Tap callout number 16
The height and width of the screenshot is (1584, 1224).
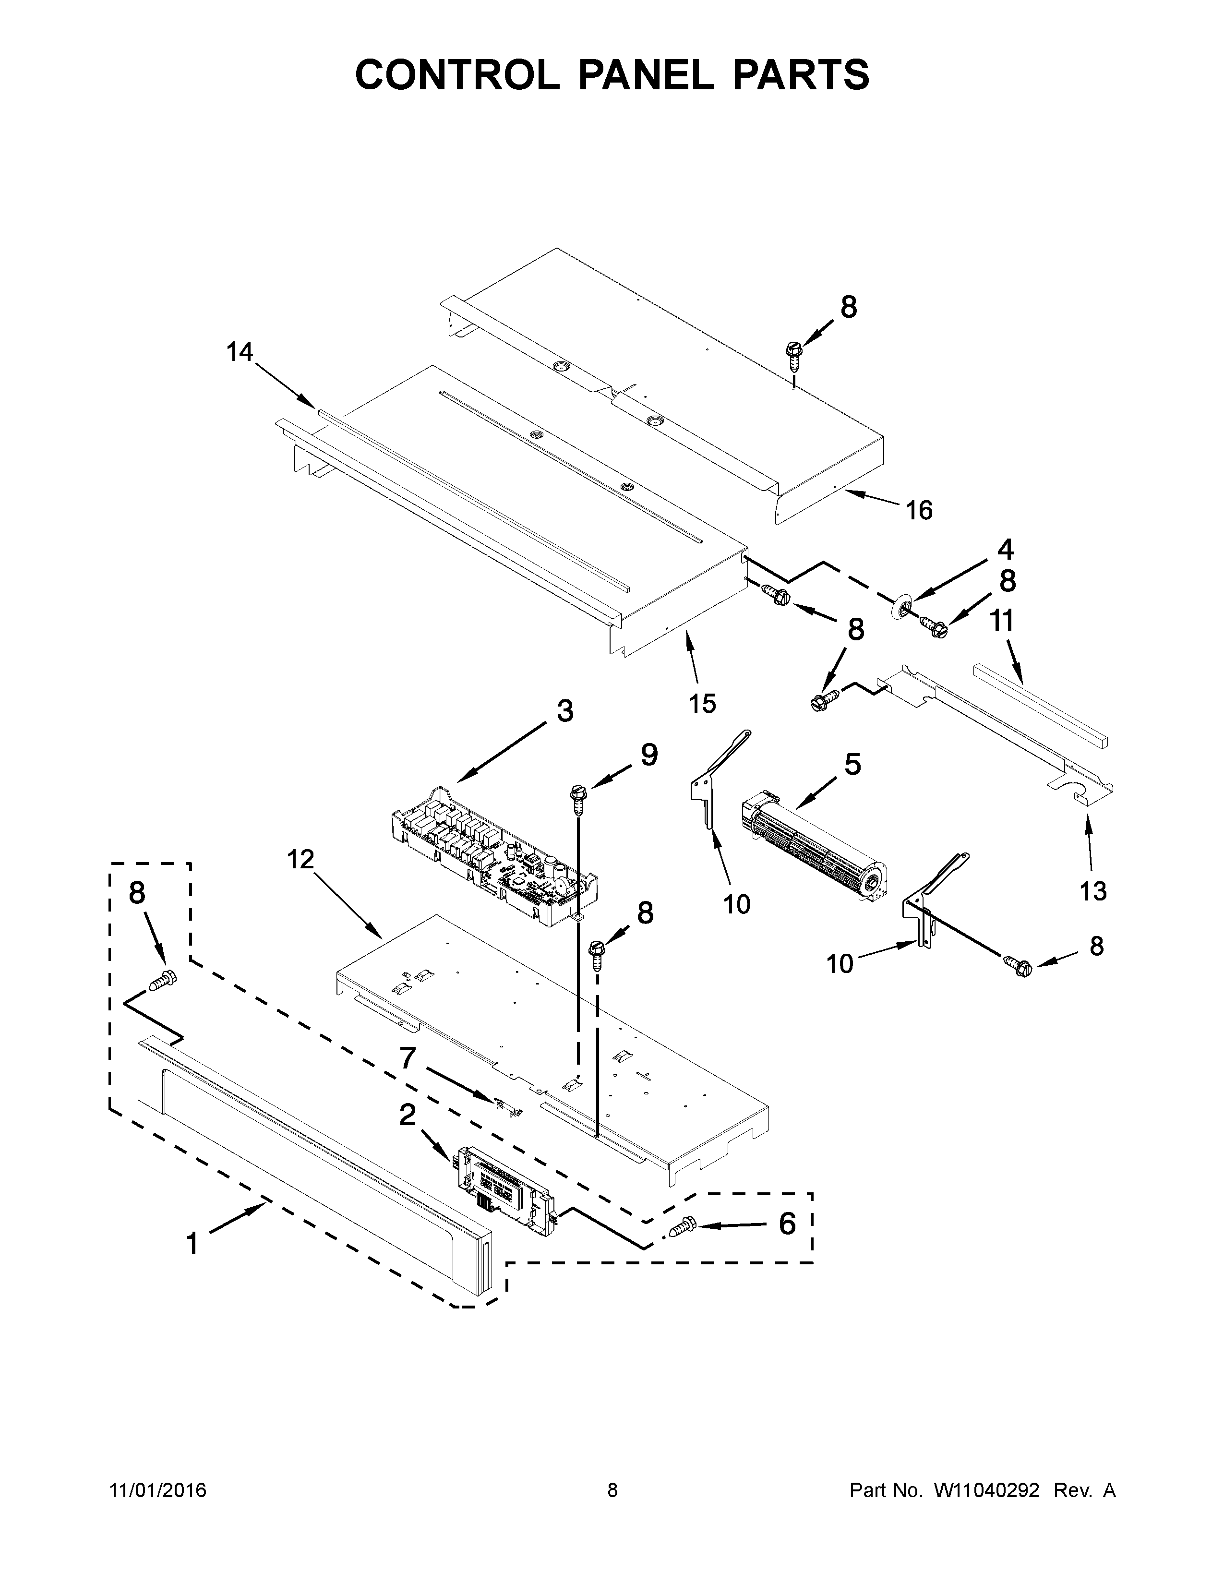tap(919, 511)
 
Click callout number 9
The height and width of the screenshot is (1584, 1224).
tap(648, 756)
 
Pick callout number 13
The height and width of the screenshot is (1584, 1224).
tap(1093, 890)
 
